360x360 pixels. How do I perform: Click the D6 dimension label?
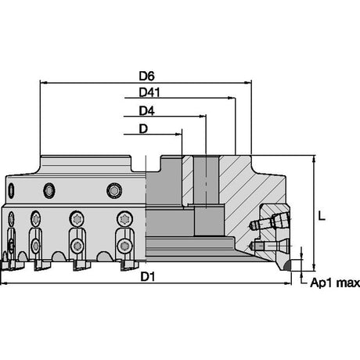(146, 76)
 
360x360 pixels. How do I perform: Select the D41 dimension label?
(149, 92)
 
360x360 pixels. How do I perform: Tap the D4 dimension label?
(146, 111)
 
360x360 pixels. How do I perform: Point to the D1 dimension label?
(148, 276)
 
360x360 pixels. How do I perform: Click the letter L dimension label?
(322, 216)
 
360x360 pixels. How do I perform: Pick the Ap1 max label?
(335, 283)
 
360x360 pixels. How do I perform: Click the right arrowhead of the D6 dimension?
(248, 83)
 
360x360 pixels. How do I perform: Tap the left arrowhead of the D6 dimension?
(44, 83)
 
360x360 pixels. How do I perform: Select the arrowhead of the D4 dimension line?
(203, 117)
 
